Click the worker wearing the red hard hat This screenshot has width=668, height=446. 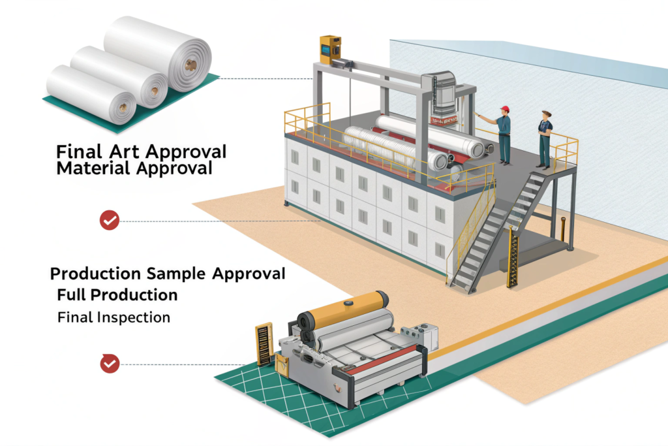[x=504, y=134]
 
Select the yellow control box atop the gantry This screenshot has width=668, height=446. [x=330, y=50]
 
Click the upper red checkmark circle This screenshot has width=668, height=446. [x=109, y=221]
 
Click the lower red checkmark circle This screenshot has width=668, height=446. [x=109, y=363]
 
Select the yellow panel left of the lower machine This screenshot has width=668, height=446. [x=264, y=343]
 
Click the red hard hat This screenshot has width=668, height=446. [x=504, y=109]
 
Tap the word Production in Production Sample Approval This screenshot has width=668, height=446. [x=96, y=273]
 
